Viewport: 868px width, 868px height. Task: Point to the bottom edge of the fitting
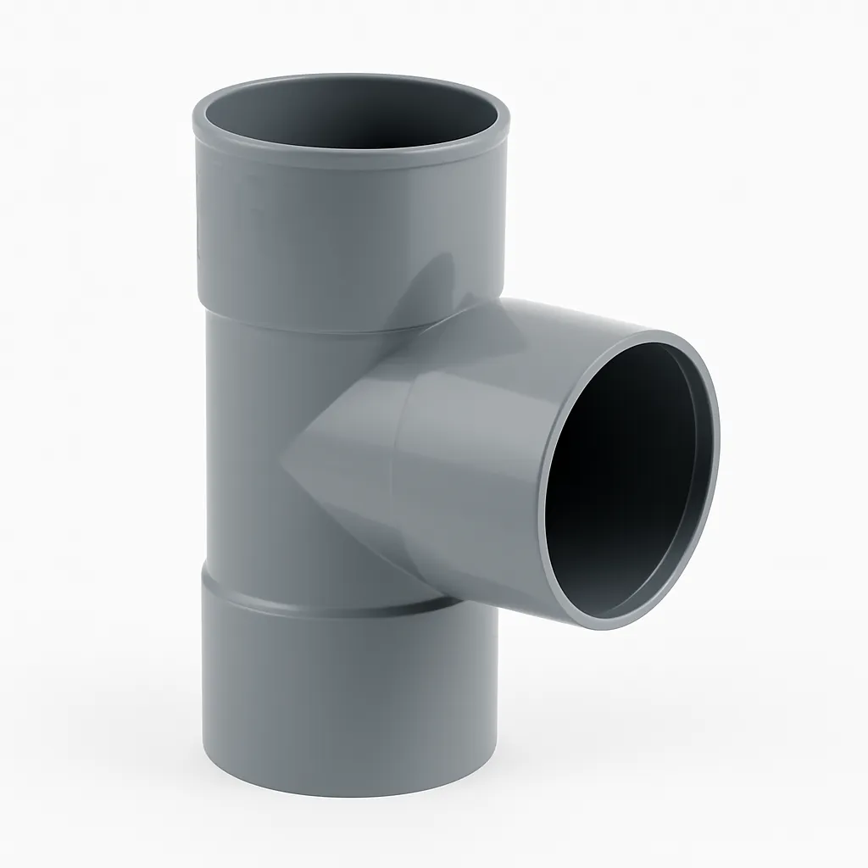(x=348, y=793)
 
